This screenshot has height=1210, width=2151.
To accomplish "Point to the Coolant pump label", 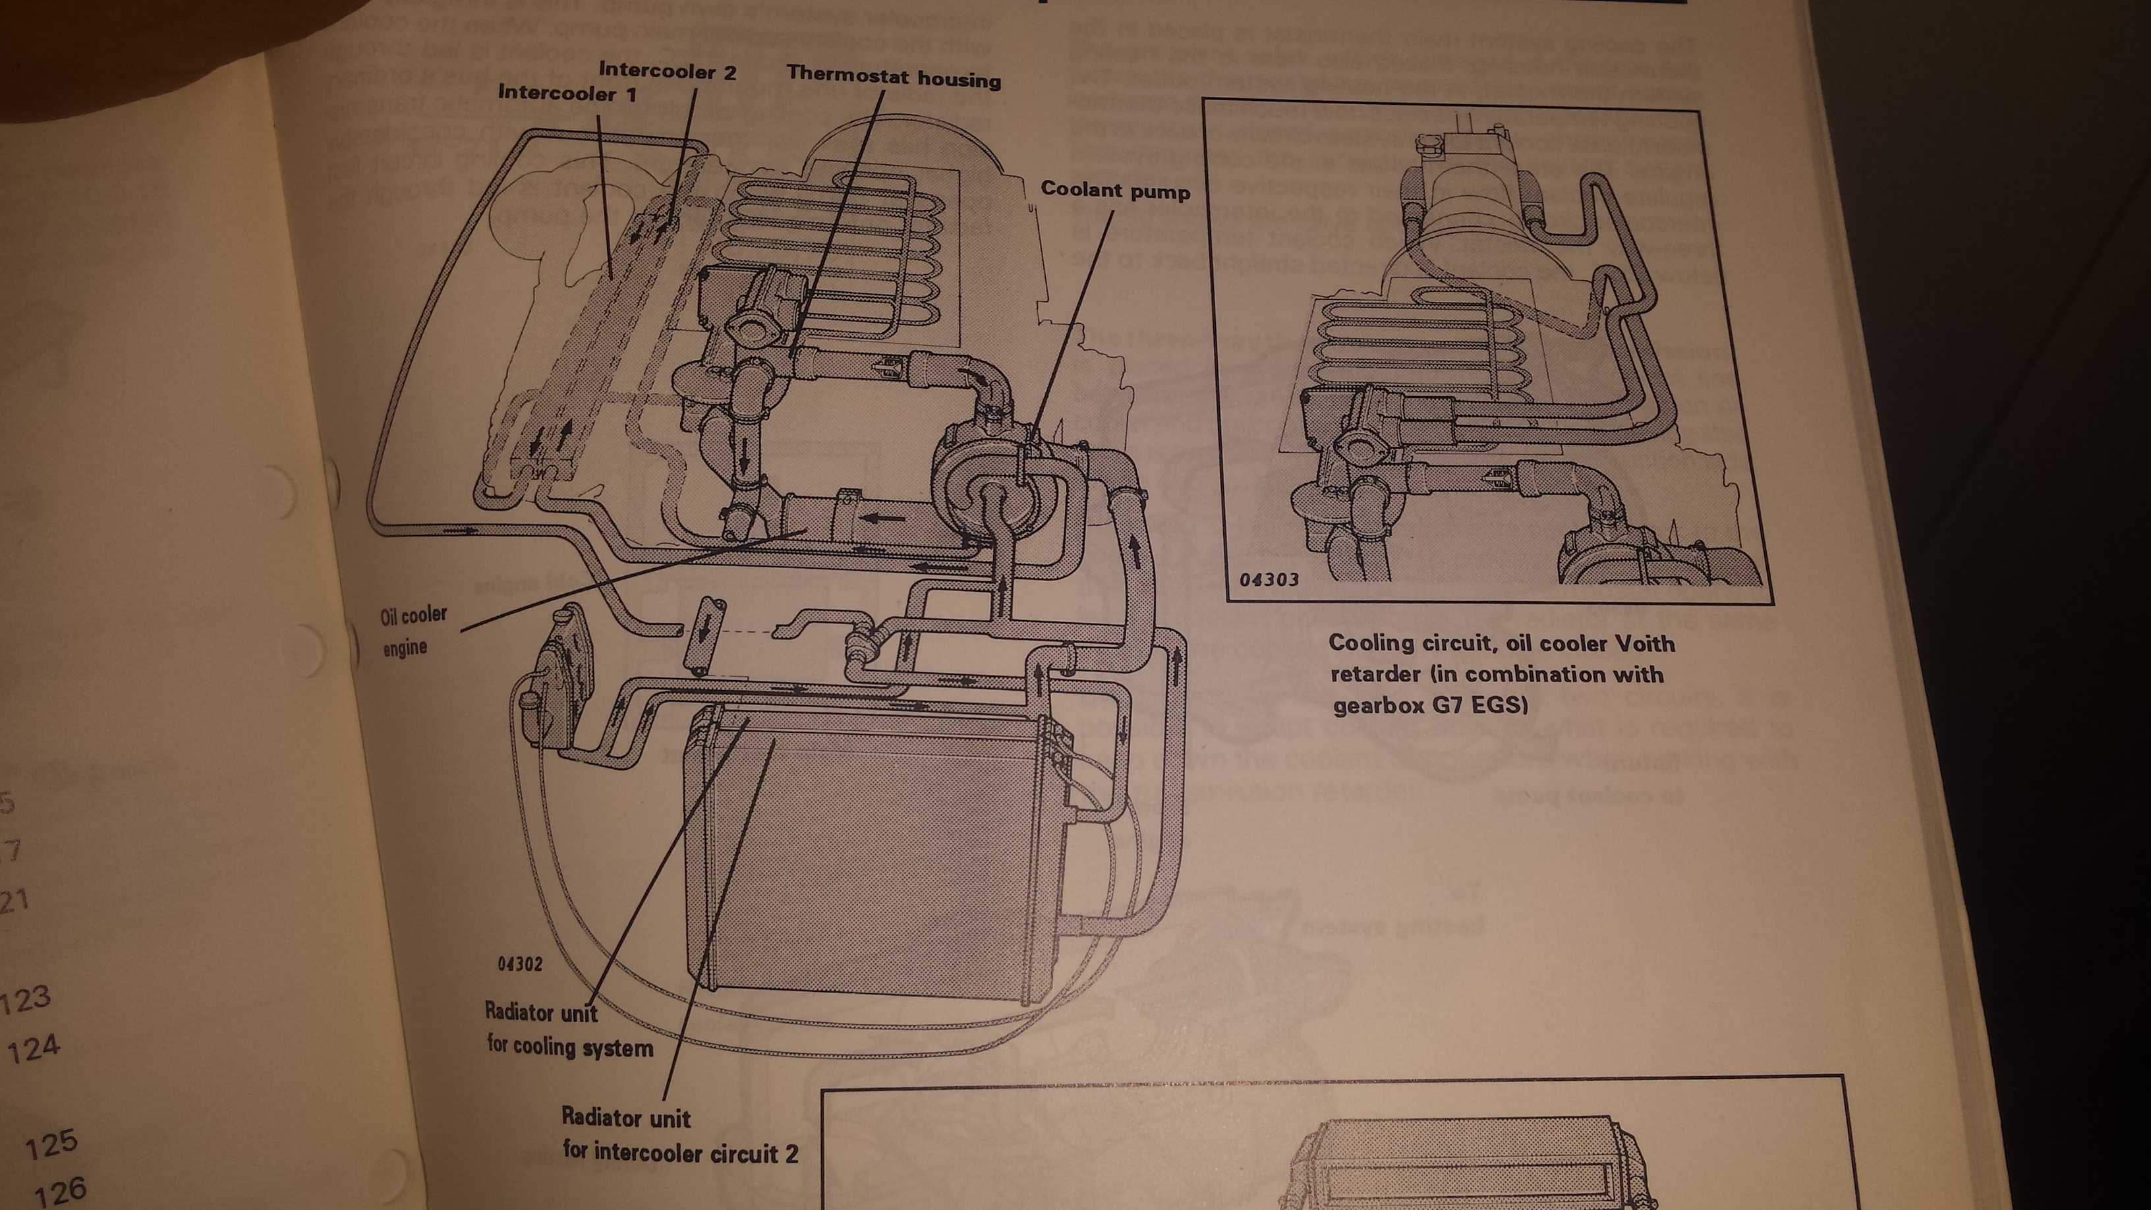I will [1115, 190].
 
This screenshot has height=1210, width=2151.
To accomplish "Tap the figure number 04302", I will [519, 964].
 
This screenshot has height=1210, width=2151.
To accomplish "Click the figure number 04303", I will [1269, 579].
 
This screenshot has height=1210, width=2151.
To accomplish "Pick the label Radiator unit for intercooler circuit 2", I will [679, 1135].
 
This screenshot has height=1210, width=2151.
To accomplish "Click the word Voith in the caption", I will [1640, 644].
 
